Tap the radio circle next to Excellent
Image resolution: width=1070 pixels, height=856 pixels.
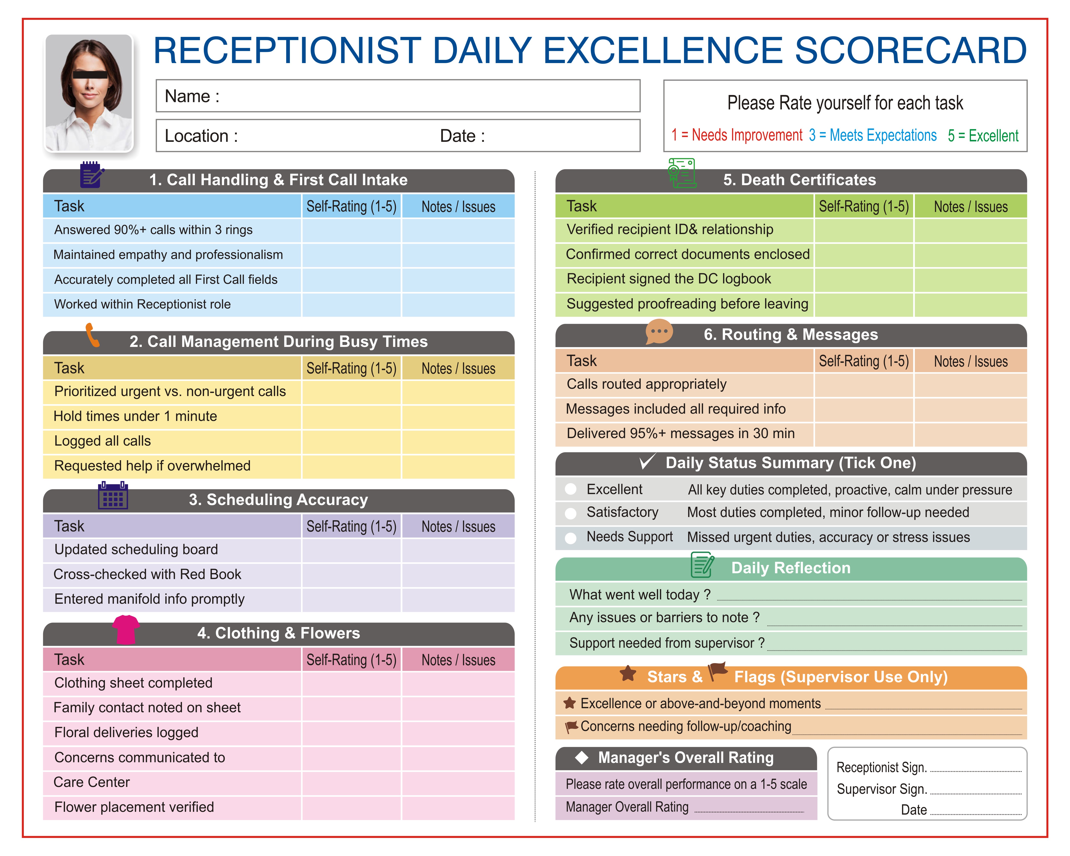pos(571,489)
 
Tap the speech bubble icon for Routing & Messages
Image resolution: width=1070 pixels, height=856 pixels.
pos(659,331)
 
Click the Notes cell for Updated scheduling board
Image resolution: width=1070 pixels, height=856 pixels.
pos(458,550)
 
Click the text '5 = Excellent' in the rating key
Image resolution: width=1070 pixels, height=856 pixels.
pos(983,135)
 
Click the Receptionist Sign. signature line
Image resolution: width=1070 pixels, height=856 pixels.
pos(975,770)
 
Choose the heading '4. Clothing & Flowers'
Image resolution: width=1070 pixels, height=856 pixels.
pos(278,633)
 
